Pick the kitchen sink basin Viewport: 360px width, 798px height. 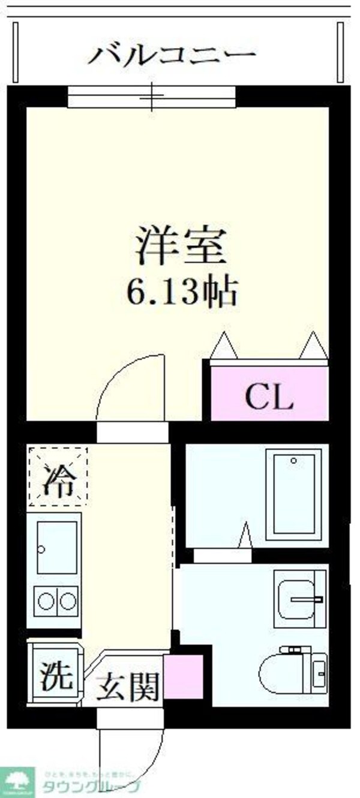57,547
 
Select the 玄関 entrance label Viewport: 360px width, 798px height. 130,685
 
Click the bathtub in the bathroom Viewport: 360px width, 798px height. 294,494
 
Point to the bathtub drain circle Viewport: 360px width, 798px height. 293,461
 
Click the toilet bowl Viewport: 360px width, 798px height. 286,673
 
